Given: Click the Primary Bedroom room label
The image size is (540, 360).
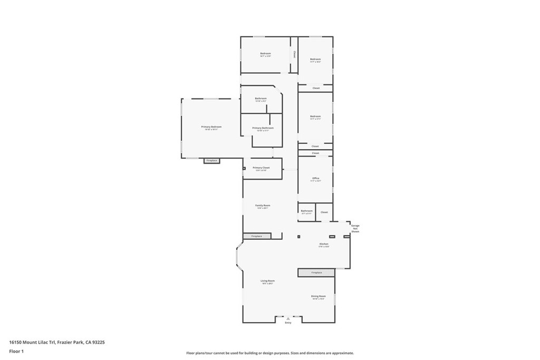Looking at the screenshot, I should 211,127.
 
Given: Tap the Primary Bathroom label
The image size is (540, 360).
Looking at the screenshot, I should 263,128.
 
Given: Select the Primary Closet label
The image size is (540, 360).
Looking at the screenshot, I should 261,168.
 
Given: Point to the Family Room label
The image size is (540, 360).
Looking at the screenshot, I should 263,206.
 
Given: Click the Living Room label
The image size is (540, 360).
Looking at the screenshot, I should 267,281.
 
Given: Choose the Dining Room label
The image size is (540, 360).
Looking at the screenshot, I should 319,296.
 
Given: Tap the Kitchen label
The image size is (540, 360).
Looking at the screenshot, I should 324,244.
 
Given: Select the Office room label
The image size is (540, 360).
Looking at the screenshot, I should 315,178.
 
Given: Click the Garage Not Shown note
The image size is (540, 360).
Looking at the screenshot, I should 355,228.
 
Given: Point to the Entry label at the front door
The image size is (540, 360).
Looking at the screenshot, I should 288,323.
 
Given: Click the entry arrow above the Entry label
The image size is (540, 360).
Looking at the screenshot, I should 288,318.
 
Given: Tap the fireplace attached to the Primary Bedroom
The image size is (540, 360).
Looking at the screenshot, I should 211,160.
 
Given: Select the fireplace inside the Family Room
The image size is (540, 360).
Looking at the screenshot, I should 257,236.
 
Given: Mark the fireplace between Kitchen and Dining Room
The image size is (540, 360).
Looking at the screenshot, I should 316,273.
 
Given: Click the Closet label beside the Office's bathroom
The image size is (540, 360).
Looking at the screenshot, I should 324,212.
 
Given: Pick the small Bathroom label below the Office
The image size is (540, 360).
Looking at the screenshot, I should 307,211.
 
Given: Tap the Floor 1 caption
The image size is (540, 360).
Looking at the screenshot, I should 16,351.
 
